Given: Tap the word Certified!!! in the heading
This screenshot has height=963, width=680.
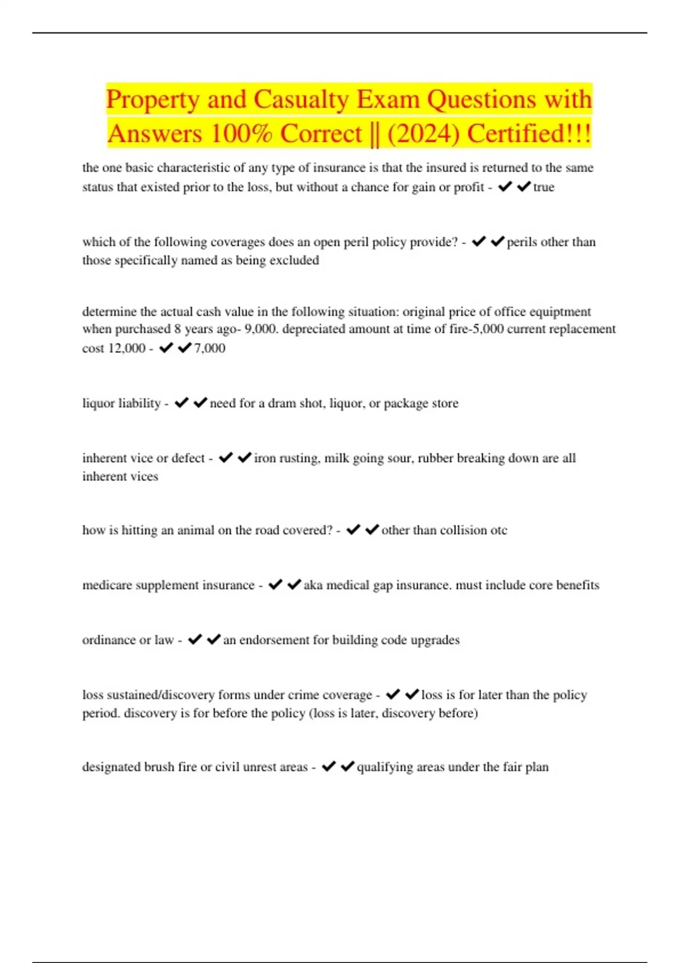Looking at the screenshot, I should tap(529, 134).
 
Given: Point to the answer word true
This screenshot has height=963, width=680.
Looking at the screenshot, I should tap(543, 187).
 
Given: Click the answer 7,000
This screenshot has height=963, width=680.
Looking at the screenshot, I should tap(210, 348).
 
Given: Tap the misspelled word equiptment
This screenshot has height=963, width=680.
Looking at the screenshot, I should tap(560, 312).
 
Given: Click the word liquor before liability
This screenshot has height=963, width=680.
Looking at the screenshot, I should tap(101, 403).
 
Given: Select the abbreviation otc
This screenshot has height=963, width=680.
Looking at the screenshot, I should tap(499, 530).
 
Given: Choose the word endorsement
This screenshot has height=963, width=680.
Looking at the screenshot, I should tap(274, 640).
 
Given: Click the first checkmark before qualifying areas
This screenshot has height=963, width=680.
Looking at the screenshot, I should tap(329, 766).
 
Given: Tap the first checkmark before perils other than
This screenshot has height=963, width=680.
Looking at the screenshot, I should tap(479, 241).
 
